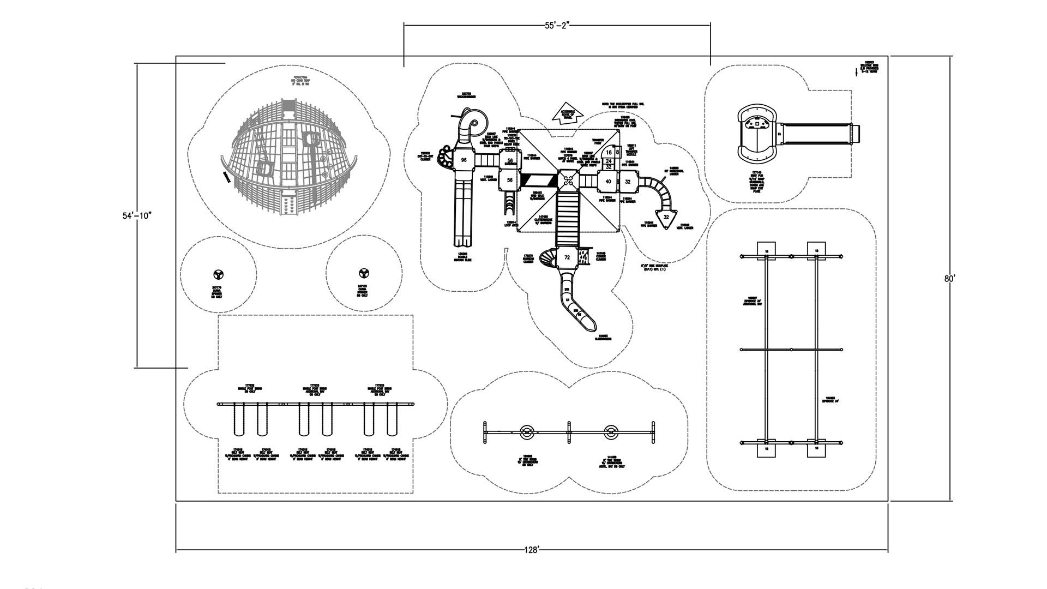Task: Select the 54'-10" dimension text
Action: point(136,215)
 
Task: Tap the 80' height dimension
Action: point(949,278)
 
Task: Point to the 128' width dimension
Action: point(532,550)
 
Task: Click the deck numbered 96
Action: point(464,160)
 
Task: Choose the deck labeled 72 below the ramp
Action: point(567,257)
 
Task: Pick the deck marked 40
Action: point(607,182)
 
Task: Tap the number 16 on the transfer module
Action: point(609,153)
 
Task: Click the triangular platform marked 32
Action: point(666,218)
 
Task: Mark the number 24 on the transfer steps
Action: point(609,161)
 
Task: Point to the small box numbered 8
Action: point(618,153)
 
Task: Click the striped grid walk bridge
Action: point(537,181)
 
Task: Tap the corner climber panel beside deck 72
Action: point(586,256)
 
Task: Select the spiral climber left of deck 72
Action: point(547,257)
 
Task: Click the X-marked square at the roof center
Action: point(568,181)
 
